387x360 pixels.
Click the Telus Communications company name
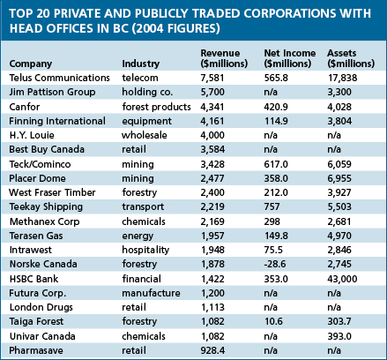tap(59, 78)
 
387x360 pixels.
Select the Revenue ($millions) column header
tap(224, 58)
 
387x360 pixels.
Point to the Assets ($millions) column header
tap(351, 58)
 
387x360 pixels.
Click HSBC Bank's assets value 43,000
tap(342, 279)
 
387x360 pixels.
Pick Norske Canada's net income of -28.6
tap(275, 264)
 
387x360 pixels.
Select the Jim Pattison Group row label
tap(52, 92)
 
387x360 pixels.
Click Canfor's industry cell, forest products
tap(156, 107)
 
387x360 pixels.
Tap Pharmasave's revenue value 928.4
tap(212, 350)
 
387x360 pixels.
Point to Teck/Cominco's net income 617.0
tap(276, 164)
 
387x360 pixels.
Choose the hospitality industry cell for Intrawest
tap(145, 250)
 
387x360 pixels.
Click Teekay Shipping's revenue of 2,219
tap(212, 206)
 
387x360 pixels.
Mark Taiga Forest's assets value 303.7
tap(339, 321)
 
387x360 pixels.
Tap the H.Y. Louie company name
tap(32, 135)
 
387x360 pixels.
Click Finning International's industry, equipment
tap(146, 121)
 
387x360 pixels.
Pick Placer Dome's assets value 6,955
tap(339, 178)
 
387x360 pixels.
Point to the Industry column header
tap(141, 64)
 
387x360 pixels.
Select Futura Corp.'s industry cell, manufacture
tap(151, 293)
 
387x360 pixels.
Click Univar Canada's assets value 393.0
tap(339, 336)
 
